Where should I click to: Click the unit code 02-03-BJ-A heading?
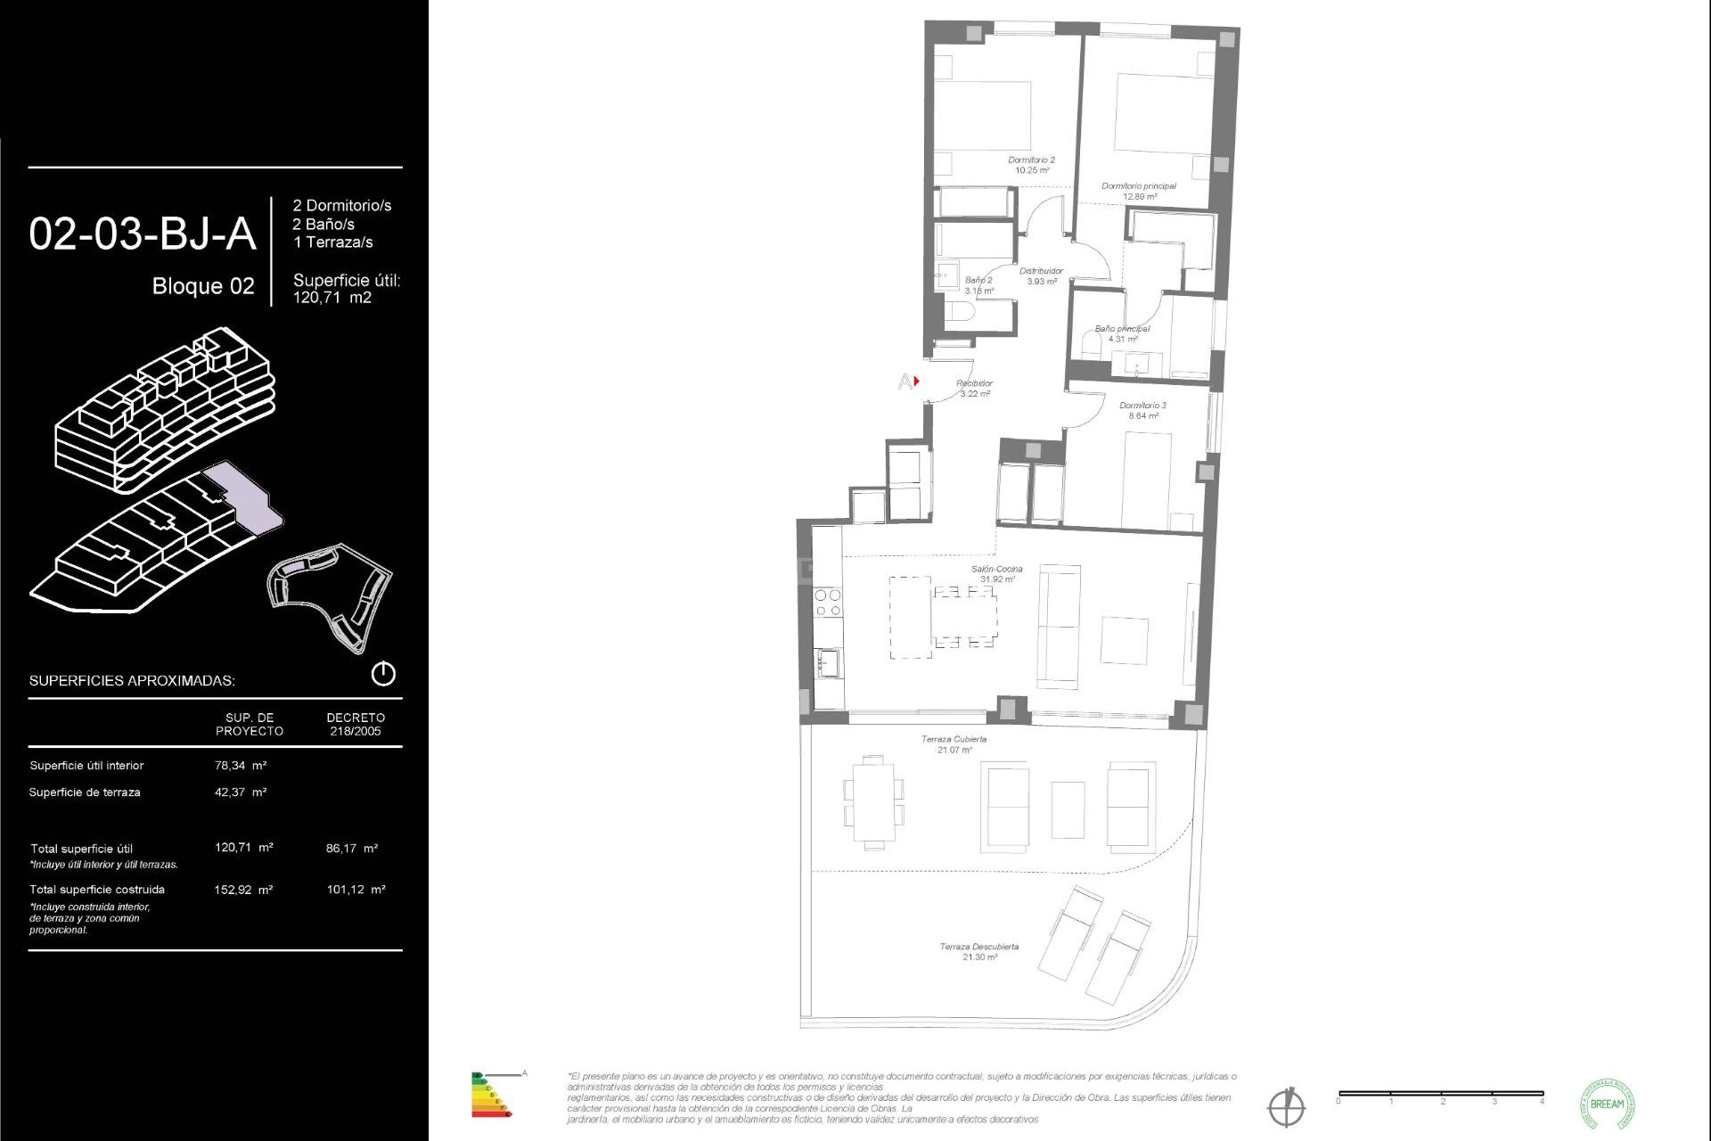click(143, 234)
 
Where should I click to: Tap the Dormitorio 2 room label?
click(1031, 165)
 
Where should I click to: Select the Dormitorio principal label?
click(1139, 191)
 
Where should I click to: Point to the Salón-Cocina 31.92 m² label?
click(996, 573)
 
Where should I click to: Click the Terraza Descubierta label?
click(978, 951)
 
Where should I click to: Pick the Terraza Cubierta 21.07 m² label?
click(954, 743)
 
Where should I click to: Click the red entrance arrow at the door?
click(916, 382)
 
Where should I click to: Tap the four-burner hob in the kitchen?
click(828, 603)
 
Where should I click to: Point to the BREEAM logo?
click(1607, 1104)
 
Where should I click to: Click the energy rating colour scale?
click(490, 1095)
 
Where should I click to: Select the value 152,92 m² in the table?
click(243, 889)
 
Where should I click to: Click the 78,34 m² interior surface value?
click(241, 765)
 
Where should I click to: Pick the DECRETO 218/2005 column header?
click(356, 724)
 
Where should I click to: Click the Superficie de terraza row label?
click(85, 792)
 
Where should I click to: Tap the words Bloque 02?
click(203, 286)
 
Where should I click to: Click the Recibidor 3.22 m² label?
click(974, 388)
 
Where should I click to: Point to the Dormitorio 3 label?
click(1142, 410)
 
